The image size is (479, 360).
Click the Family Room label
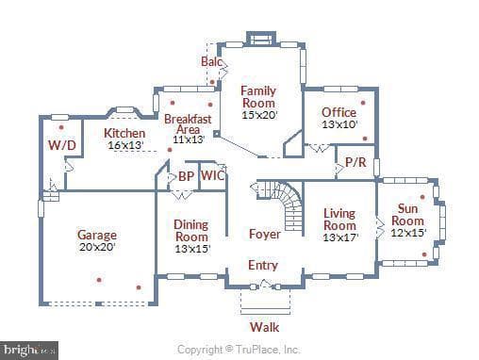pyautogui.click(x=258, y=97)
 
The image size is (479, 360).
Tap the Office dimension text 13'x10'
pyautogui.click(x=339, y=124)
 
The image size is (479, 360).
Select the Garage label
pyautogui.click(x=97, y=235)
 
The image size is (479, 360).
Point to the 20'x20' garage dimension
pyautogui.click(x=97, y=247)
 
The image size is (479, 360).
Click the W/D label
pyautogui.click(x=62, y=145)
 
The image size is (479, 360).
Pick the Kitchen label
pyautogui.click(x=124, y=133)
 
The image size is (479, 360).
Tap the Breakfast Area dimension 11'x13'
pyautogui.click(x=189, y=139)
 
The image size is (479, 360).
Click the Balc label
pyautogui.click(x=211, y=61)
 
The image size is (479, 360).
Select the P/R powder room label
pyautogui.click(x=355, y=162)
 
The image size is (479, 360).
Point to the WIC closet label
pyautogui.click(x=213, y=175)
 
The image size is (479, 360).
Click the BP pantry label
pyautogui.click(x=186, y=176)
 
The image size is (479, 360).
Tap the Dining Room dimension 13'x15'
pyautogui.click(x=192, y=249)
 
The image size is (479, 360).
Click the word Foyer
pyautogui.click(x=265, y=234)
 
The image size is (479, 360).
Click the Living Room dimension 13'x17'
pyautogui.click(x=340, y=237)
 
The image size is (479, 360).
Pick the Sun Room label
pyautogui.click(x=407, y=215)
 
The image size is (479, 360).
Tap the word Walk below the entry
pyautogui.click(x=265, y=327)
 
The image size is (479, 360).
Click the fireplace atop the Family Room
pyautogui.click(x=261, y=39)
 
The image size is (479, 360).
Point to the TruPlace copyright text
pyautogui.click(x=238, y=350)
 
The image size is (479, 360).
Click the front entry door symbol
pyautogui.click(x=265, y=285)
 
